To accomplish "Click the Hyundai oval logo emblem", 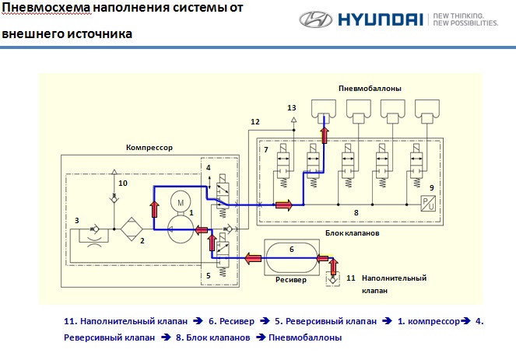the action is coord(315,19).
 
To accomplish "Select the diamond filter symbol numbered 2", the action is coord(132,229).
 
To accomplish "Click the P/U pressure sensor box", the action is coord(428,203).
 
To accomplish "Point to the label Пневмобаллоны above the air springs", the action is coord(370,88).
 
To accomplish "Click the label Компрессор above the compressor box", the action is coord(149,147).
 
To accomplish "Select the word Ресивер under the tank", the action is coord(291,280).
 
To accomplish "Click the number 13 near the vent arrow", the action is coord(292,107).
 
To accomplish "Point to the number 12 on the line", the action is coord(255,121).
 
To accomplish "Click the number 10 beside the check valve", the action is coord(123,183).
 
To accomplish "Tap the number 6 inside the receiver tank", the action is coord(292,250).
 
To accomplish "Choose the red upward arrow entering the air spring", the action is coord(325,135).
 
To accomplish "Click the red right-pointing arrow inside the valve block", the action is coord(283,205).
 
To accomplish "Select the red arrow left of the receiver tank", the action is coord(253,258).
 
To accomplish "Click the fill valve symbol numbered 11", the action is coord(332,279).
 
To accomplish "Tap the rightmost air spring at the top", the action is coord(426,111).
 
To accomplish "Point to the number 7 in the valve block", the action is coord(266,150).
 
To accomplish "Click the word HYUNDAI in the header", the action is coord(380,19).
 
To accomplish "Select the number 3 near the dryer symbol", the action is coord(77,220).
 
